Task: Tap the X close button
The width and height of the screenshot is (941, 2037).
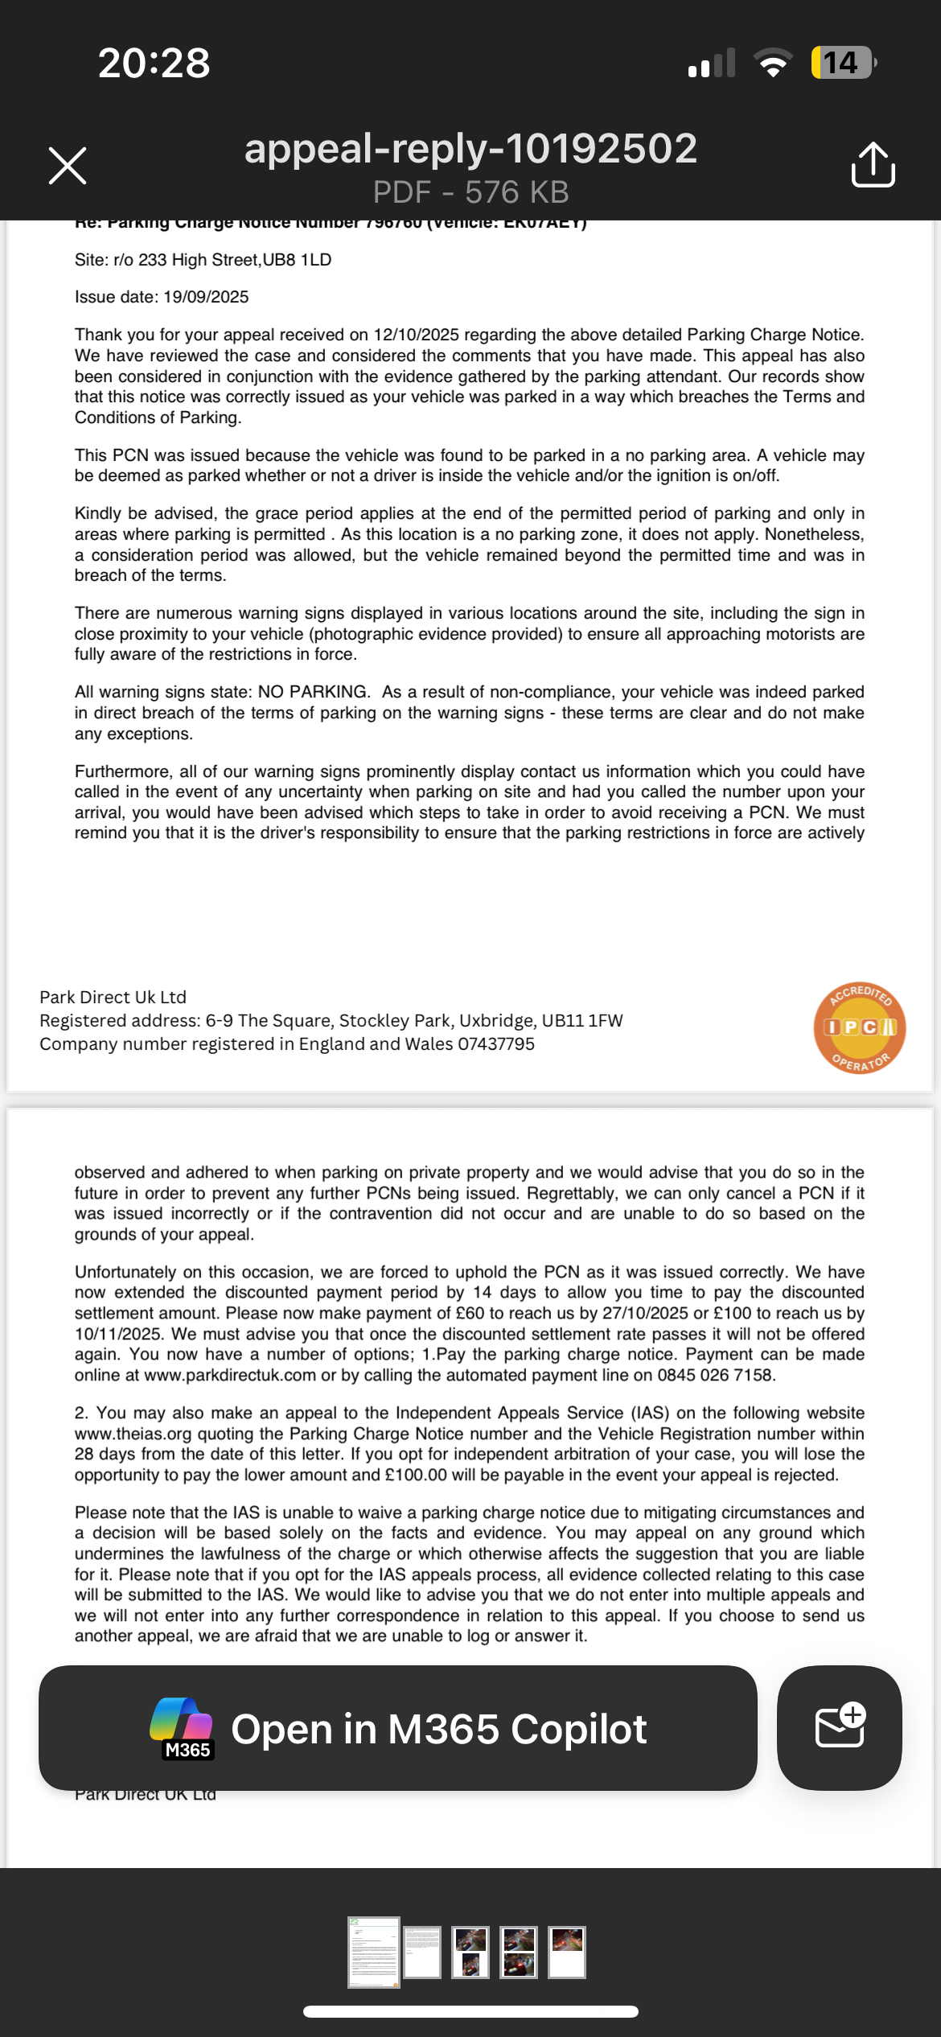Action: [68, 166]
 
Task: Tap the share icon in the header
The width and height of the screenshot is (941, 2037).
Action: [873, 165]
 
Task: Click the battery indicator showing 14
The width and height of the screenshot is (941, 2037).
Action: [842, 63]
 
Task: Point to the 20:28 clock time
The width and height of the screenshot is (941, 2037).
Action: [154, 63]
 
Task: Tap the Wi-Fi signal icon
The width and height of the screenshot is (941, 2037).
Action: [772, 63]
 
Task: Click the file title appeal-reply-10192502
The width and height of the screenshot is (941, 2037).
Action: [470, 149]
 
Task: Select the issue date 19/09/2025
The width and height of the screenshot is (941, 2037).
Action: [206, 297]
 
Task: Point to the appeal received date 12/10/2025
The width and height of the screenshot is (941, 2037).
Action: [416, 335]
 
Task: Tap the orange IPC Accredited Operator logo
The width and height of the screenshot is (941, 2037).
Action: [859, 1027]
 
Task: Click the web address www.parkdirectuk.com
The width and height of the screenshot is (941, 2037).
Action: [230, 1375]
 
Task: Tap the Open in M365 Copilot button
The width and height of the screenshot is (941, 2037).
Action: [398, 1728]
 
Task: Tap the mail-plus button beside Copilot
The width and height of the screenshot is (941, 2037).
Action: [839, 1728]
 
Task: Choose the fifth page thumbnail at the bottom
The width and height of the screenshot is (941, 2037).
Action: [567, 1952]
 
